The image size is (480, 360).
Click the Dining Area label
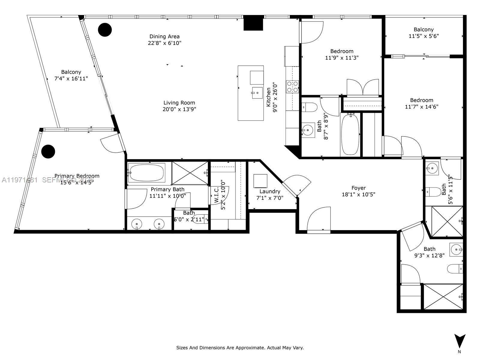[x=164, y=37]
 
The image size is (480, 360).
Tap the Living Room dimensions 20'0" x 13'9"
[x=179, y=109]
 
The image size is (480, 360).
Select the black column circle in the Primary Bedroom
[x=48, y=151]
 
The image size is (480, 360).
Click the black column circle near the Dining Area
[x=105, y=30]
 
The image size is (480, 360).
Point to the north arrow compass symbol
[x=460, y=341]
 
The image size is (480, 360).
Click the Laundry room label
[x=270, y=191]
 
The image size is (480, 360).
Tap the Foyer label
[x=358, y=188]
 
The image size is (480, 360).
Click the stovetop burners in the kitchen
[x=292, y=86]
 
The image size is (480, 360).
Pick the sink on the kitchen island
[x=257, y=92]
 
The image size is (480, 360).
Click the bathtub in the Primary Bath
[x=146, y=172]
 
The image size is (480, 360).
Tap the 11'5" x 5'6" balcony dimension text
[x=424, y=36]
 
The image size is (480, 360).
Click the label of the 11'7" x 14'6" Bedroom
[x=421, y=100]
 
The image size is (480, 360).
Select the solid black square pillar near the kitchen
[x=253, y=23]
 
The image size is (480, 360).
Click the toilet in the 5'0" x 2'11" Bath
[x=199, y=220]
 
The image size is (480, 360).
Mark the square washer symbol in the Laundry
[x=260, y=181]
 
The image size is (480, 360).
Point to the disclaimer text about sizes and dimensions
[x=240, y=348]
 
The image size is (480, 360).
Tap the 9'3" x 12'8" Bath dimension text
[x=429, y=255]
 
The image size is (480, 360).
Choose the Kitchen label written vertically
[x=268, y=97]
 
